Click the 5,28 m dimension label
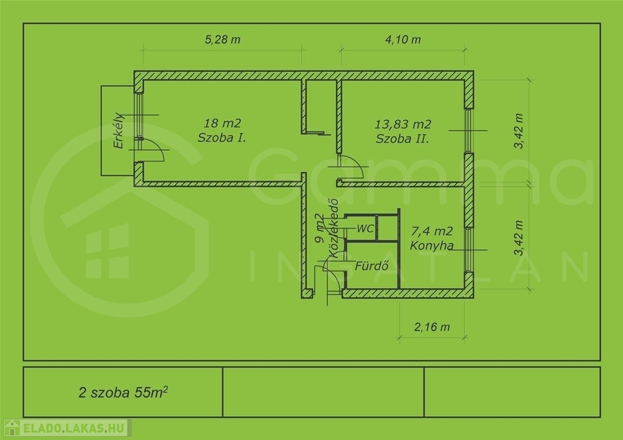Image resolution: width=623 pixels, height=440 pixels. [x=223, y=40]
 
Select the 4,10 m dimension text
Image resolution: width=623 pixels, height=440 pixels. [x=403, y=40]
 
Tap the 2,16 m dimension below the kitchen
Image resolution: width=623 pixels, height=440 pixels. [x=432, y=327]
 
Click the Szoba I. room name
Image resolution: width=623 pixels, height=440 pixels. [x=221, y=138]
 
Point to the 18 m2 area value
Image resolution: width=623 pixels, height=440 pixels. [x=222, y=123]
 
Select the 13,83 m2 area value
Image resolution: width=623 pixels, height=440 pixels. [x=403, y=124]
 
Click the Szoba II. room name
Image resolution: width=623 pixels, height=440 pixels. [x=403, y=139]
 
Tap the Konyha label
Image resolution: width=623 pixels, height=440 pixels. [x=432, y=246]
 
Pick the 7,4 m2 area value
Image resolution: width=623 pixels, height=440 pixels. [x=432, y=231]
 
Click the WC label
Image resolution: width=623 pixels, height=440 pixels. [x=365, y=229]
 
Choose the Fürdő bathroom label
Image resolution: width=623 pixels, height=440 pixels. [x=372, y=266]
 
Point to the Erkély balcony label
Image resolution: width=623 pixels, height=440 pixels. [x=119, y=131]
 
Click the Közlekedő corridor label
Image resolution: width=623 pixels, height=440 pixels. [x=333, y=228]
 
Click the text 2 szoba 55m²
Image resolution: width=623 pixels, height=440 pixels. [x=123, y=392]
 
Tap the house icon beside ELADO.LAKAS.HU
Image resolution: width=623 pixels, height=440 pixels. [x=12, y=428]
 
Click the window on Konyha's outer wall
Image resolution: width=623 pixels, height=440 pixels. [x=469, y=250]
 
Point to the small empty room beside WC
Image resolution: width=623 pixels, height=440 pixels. [x=388, y=228]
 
